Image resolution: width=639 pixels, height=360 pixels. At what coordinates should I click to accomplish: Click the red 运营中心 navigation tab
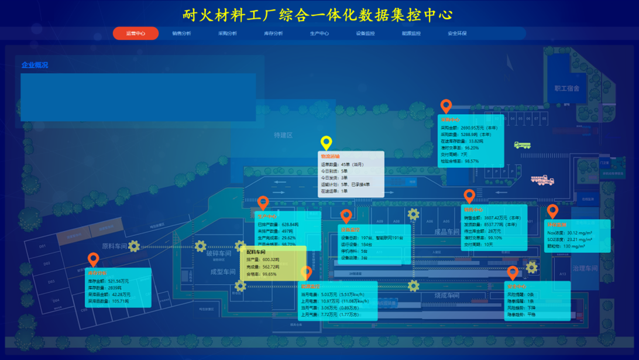point(135,33)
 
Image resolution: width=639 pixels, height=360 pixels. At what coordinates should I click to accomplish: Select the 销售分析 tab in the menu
point(181,33)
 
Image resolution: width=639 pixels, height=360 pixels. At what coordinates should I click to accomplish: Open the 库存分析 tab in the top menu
point(273,33)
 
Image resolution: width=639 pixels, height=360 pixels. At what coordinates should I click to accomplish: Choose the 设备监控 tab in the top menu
point(365,33)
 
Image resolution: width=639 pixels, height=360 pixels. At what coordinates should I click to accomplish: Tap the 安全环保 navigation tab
point(457,33)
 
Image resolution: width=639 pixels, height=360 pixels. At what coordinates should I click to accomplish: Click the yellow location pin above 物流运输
point(327,142)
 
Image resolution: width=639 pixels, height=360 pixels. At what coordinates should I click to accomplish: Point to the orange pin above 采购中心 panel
point(446,106)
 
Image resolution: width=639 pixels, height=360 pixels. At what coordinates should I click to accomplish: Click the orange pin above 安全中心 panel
point(513,273)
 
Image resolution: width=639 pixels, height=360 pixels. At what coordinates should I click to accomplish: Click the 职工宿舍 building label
point(566,88)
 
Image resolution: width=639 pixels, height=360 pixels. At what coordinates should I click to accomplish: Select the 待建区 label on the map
point(283,135)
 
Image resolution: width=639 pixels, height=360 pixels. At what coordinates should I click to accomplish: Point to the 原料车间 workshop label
point(114,246)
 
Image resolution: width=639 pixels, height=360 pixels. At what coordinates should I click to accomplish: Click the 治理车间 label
point(585,269)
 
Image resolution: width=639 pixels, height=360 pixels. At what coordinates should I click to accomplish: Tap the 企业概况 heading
point(35,65)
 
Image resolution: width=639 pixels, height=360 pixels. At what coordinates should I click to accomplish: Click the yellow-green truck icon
point(522,145)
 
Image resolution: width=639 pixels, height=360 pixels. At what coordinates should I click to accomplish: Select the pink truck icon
point(542,180)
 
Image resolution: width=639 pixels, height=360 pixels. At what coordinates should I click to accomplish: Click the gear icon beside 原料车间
point(134,246)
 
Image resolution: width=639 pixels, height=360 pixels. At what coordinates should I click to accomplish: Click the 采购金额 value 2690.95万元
point(478,128)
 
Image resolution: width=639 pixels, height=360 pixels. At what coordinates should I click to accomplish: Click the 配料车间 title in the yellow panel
point(256,252)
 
